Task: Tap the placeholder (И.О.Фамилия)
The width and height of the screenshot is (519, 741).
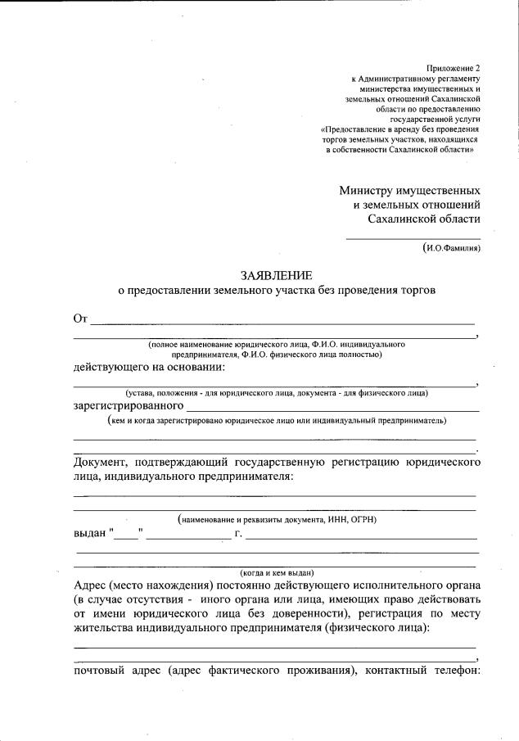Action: [451, 247]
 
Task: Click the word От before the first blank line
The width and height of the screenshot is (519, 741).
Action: [80, 319]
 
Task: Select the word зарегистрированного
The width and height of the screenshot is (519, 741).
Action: [128, 405]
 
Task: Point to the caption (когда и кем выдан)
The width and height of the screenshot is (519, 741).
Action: [277, 572]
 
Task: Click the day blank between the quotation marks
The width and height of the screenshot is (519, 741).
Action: [126, 536]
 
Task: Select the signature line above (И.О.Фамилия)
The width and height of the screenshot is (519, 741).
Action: [413, 237]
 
